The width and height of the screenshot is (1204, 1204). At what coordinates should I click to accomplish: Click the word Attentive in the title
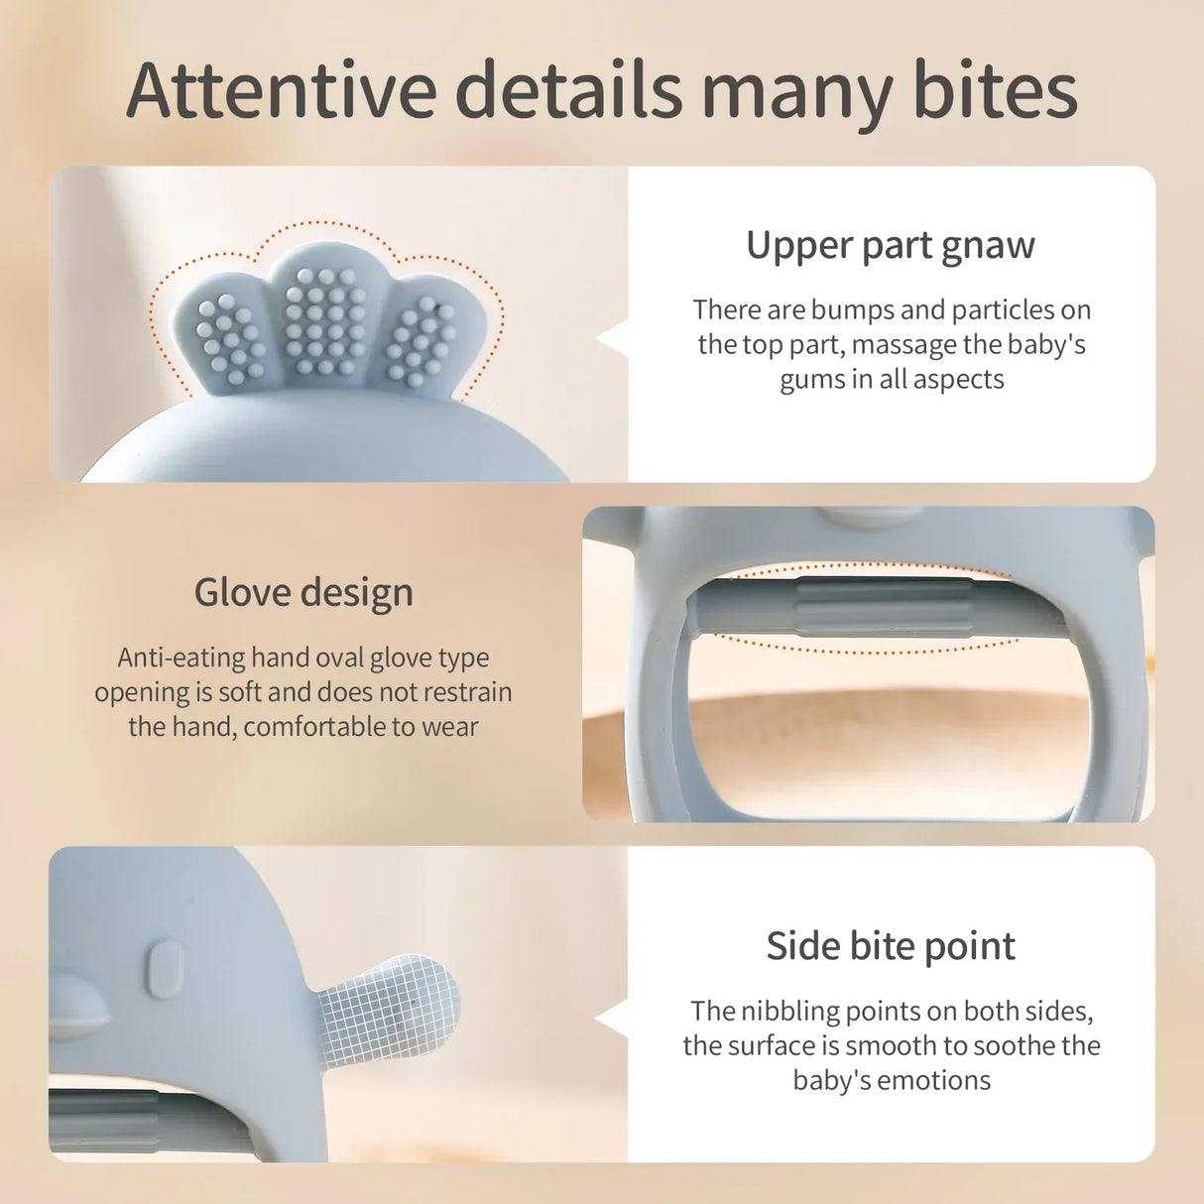click(x=282, y=91)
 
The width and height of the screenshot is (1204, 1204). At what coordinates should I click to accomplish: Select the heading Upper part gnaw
click(x=890, y=246)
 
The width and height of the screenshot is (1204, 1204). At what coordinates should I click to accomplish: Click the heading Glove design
click(x=303, y=593)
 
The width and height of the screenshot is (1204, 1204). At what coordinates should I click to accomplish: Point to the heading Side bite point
click(x=890, y=946)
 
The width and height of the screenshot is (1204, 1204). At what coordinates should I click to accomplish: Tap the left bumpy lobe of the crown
click(x=227, y=337)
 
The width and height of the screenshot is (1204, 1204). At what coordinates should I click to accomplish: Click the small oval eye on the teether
click(x=165, y=969)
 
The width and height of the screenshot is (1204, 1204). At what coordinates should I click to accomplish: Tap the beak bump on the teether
click(x=77, y=1010)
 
